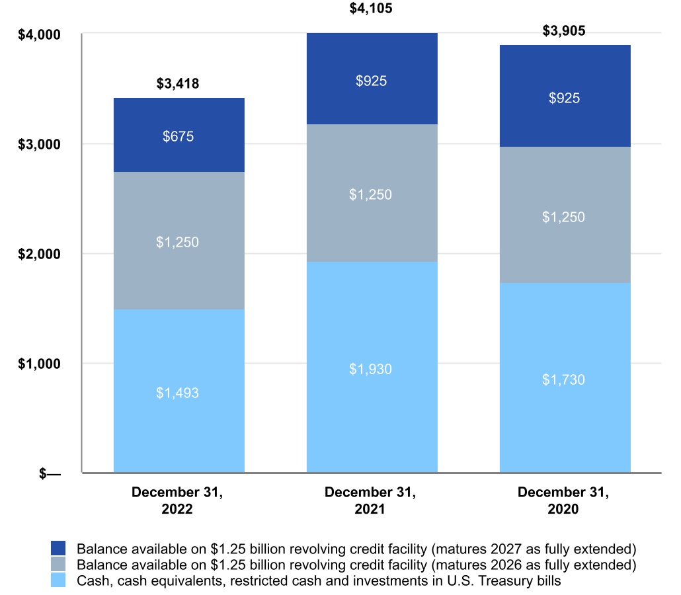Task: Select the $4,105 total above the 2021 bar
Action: point(371,9)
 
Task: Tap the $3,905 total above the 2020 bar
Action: point(564,30)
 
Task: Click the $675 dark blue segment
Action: point(179,136)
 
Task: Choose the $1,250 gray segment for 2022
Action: point(179,241)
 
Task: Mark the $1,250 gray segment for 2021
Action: point(372,194)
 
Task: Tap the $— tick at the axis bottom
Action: point(50,473)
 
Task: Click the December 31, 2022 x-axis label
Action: point(177,500)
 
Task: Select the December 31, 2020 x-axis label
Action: point(564,500)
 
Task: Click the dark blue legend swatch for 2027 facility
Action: point(59,549)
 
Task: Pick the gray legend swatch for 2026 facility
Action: point(59,565)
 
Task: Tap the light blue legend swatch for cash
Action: point(59,580)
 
